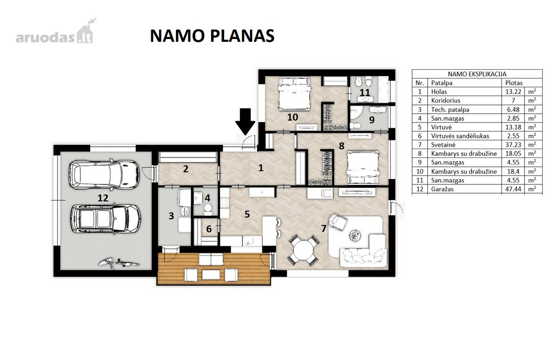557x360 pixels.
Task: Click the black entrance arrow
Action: [x=245, y=121]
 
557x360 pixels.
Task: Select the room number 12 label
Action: [x=103, y=198]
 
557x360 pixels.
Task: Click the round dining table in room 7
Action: [x=303, y=249]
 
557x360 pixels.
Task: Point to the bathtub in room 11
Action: [x=383, y=89]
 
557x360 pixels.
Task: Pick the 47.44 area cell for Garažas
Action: [x=513, y=189]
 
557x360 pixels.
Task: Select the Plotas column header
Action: [x=514, y=83]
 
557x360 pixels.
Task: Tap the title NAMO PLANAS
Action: [x=212, y=36]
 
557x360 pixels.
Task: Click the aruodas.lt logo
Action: [x=55, y=33]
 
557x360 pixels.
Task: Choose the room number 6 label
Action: [x=209, y=229]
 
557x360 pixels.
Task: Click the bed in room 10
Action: [x=294, y=93]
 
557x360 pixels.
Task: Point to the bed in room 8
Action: [x=363, y=167]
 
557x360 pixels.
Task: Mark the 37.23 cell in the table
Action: [x=513, y=145]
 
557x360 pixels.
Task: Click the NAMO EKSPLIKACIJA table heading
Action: [x=477, y=74]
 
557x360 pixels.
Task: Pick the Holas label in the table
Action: [x=439, y=92]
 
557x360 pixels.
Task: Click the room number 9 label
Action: [x=372, y=120]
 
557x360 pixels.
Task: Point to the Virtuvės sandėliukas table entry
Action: [x=460, y=136]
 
